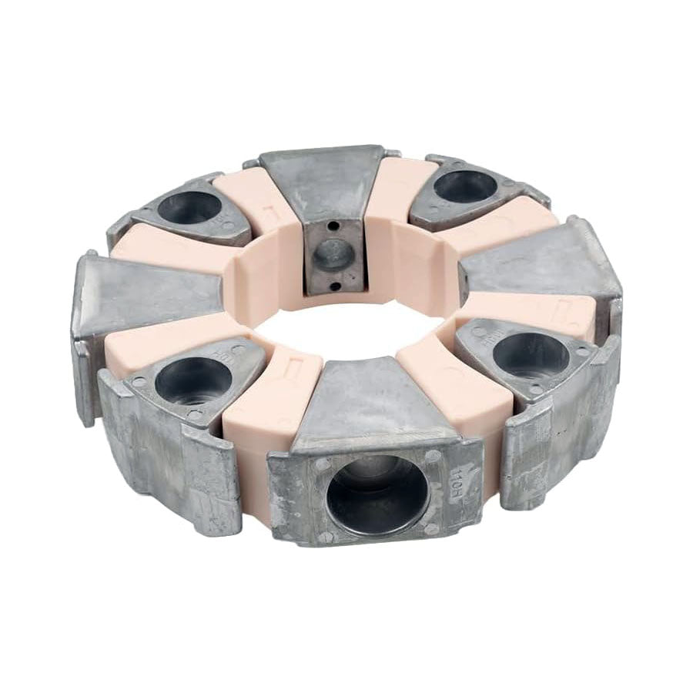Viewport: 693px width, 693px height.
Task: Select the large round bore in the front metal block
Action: [376, 493]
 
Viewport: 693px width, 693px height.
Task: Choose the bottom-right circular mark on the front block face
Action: [431, 530]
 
